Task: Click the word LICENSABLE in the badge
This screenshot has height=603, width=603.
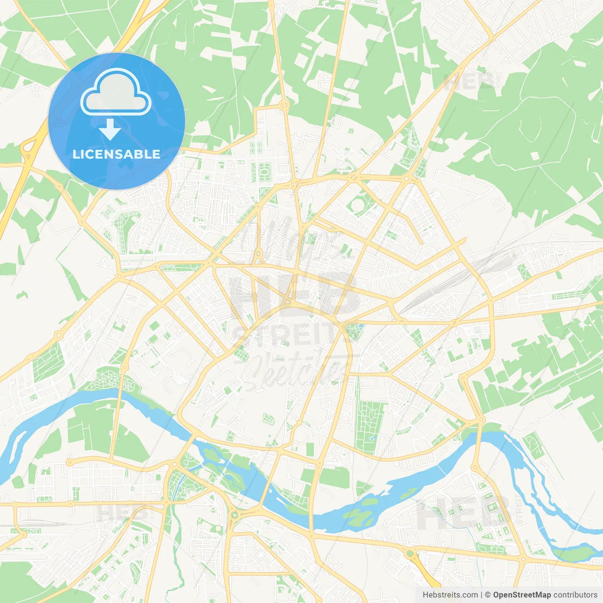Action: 116,154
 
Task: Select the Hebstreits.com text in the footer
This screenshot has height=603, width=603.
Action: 450,595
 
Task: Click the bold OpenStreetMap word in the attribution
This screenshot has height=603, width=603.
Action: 522,595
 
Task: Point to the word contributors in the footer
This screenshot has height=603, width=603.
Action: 575,595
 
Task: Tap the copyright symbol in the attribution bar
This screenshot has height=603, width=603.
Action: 488,595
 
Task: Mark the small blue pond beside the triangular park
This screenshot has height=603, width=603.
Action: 361,326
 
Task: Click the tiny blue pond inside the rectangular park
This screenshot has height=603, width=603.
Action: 373,438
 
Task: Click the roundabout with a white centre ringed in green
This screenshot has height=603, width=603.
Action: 234,515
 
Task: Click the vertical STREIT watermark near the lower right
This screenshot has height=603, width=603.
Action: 519,509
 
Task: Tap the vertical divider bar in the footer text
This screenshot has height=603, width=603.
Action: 481,595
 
